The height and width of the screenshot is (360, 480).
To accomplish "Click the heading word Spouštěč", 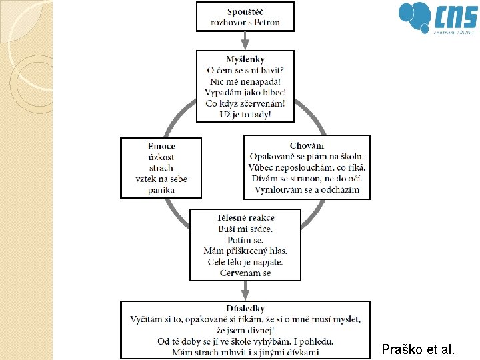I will (x=245, y=11).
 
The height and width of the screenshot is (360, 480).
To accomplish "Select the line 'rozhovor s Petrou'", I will (x=245, y=22).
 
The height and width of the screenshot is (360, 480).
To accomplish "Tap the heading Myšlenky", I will (x=245, y=59).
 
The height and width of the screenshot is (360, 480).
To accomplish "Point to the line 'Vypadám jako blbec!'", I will (x=245, y=92).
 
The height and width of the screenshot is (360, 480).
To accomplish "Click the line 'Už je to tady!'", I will (x=245, y=114).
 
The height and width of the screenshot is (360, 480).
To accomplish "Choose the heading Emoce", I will (x=161, y=146).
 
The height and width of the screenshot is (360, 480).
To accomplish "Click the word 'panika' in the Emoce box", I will (x=161, y=190).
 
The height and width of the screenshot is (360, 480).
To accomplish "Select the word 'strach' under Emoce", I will (x=161, y=168).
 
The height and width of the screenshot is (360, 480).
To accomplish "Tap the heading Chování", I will (x=307, y=145).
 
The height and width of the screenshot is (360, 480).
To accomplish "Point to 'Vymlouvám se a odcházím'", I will (x=307, y=189).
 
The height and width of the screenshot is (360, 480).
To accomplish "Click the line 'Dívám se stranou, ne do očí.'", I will (x=307, y=178).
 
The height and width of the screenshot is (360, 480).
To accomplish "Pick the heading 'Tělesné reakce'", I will (x=245, y=217).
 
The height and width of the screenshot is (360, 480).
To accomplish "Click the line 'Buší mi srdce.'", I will (x=245, y=229).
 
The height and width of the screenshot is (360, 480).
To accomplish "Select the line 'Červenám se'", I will (x=245, y=273).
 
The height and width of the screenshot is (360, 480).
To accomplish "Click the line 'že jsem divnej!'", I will (x=245, y=331).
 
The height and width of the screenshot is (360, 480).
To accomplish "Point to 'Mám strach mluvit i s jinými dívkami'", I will (x=245, y=352).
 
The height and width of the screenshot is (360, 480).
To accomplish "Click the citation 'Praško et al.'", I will (x=418, y=348).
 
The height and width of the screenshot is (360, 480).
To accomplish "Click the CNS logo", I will (x=437, y=18).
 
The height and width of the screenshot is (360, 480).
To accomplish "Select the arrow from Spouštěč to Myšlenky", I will (x=245, y=40).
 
